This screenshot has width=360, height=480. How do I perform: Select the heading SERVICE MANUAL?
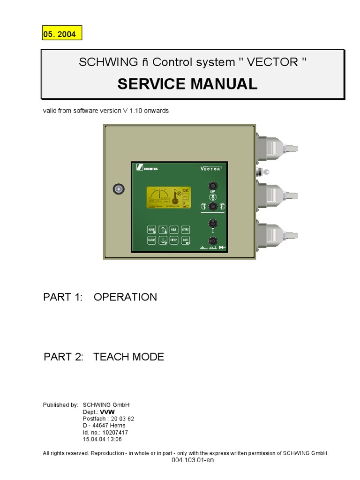pos(187,84)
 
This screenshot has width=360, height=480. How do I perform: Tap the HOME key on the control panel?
pos(151,230)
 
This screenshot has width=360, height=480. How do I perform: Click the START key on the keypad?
pos(185,230)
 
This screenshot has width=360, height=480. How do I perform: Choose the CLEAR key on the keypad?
pos(151,240)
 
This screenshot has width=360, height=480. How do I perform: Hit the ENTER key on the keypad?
pos(174,240)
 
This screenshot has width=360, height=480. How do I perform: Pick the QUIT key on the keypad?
pos(185,240)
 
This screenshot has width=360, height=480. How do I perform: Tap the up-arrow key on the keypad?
pos(163,230)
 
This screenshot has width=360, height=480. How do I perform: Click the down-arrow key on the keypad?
pos(163,240)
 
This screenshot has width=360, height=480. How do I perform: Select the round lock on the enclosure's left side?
pos(119,189)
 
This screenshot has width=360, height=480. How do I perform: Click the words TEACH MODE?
pos(128,357)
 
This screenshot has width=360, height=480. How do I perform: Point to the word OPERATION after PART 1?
pos(125,297)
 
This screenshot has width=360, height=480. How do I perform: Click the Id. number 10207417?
pos(116,433)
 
